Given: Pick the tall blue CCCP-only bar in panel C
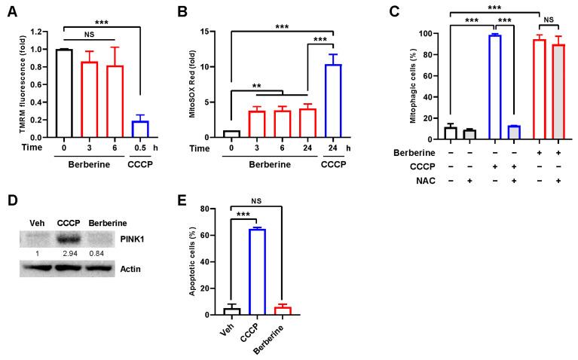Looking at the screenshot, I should pos(494,87).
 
